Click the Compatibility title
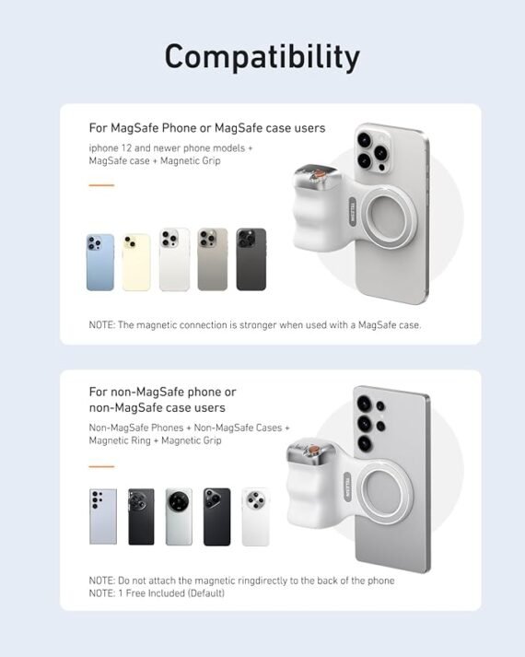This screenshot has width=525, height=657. click(262, 57)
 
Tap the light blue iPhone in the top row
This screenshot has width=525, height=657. click(100, 262)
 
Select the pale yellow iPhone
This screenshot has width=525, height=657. click(136, 262)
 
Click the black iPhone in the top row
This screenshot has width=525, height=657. click(251, 260)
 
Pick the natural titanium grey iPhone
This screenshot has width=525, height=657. click(212, 260)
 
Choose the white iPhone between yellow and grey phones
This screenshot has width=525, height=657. click(174, 260)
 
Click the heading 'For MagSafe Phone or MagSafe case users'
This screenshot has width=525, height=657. click(206, 128)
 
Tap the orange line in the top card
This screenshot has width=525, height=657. click(101, 185)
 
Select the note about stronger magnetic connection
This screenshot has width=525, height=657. click(254, 324)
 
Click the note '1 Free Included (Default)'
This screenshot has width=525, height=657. click(157, 592)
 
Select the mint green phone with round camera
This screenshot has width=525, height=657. click(179, 517)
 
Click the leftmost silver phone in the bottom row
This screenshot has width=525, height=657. click(103, 517)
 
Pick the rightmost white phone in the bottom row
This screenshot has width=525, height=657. click(255, 517)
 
